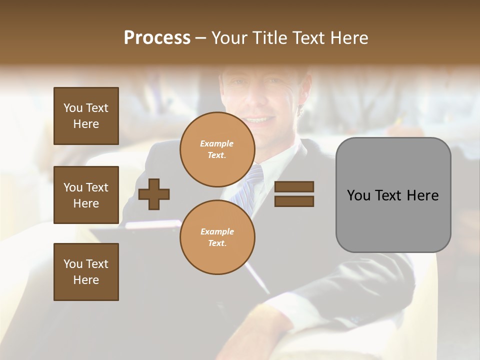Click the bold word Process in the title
[157, 38]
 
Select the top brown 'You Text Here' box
[86, 116]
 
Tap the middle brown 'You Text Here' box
[86, 195]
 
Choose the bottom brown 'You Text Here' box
[86, 272]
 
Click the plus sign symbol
[154, 193]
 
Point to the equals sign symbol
[294, 194]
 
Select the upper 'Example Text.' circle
[217, 149]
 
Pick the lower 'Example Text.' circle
[217, 237]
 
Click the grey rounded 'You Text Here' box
[393, 195]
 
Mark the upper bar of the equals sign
[294, 187]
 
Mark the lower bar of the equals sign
[294, 201]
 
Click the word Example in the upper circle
[216, 143]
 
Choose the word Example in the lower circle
[216, 231]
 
